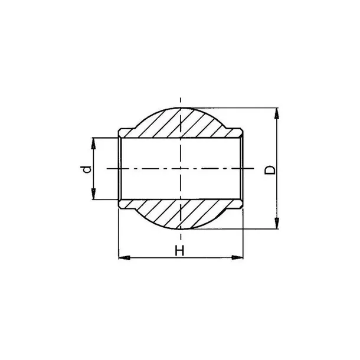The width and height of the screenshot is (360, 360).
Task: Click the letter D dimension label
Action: click(x=270, y=170)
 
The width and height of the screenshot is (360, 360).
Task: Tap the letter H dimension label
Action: click(x=179, y=250)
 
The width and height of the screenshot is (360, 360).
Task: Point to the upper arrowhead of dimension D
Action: click(x=277, y=113)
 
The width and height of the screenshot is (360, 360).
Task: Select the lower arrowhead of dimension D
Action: click(x=277, y=223)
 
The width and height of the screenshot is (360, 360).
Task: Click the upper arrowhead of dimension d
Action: click(x=93, y=143)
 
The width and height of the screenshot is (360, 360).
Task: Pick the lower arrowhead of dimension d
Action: click(x=93, y=194)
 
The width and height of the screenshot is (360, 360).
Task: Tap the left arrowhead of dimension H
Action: click(x=124, y=257)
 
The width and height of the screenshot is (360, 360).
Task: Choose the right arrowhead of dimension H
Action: click(x=237, y=257)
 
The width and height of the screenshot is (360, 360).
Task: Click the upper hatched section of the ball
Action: click(x=181, y=123)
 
